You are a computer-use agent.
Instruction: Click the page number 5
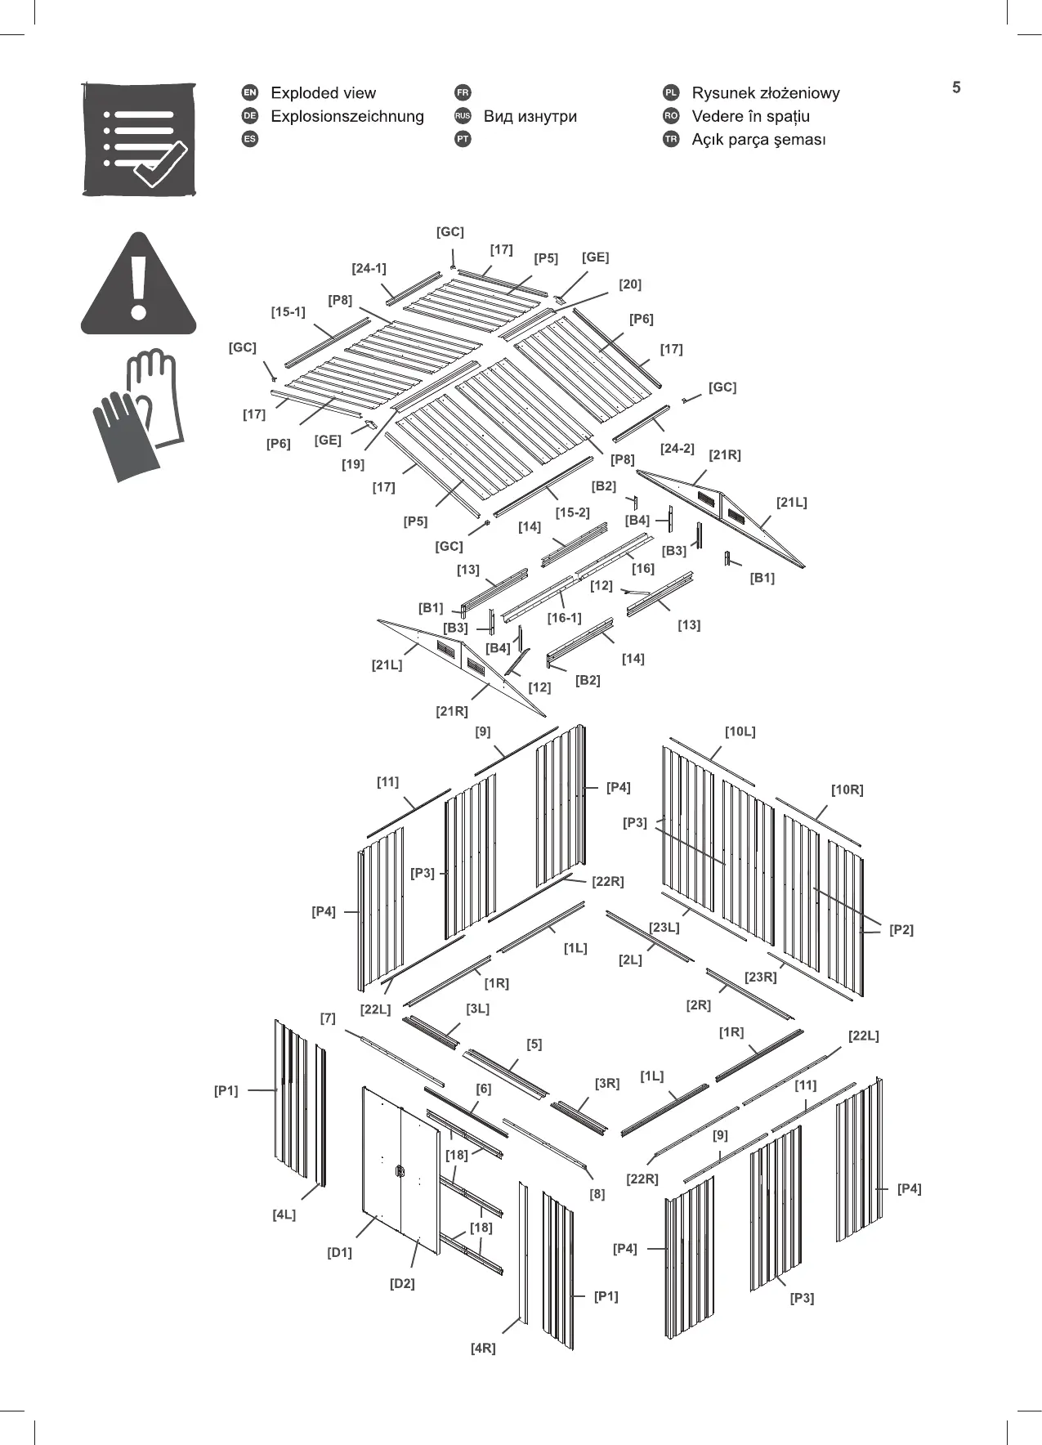pos(956,87)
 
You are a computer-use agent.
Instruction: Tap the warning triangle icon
pos(139,286)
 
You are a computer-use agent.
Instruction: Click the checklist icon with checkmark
pos(140,139)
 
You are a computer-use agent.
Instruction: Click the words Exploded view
pos(323,93)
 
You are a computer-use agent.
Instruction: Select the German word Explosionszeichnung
pos(347,116)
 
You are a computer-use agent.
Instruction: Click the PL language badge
pos(671,93)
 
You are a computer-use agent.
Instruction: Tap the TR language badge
pos(671,139)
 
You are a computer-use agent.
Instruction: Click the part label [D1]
pos(339,1252)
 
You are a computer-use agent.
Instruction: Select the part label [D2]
pos(402,1283)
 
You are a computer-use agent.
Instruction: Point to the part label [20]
pos(629,284)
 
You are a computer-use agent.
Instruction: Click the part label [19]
pos(353,464)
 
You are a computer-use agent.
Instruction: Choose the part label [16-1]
pos(564,618)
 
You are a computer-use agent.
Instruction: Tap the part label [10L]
pos(740,731)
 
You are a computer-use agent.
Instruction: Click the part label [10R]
pos(847,790)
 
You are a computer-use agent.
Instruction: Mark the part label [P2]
pos(901,929)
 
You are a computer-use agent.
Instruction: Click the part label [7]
pos(328,1018)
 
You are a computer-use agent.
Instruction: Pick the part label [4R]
pos(483,1348)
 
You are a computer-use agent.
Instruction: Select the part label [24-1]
pos(369,268)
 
